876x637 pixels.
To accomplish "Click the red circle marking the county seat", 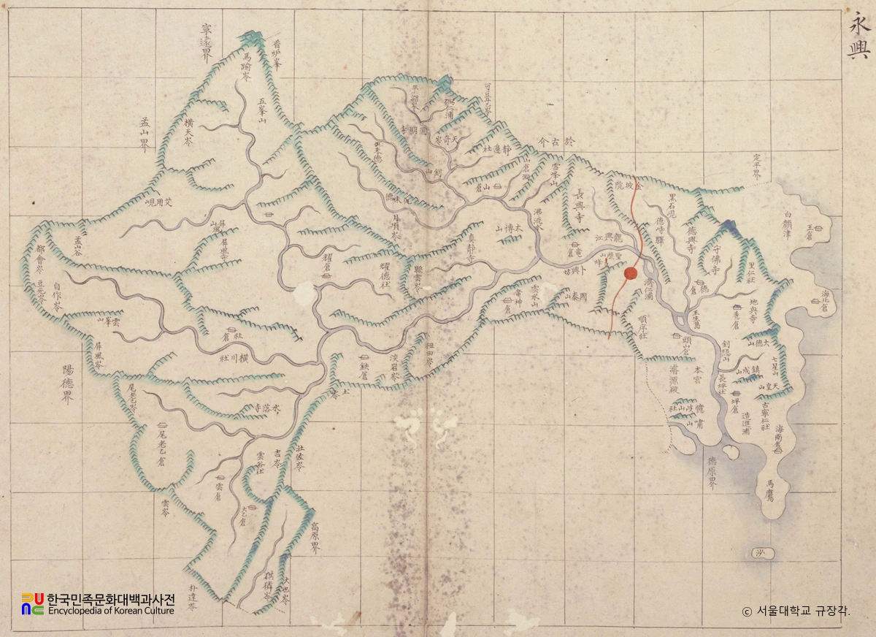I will coord(630,274).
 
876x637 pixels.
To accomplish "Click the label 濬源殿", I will coord(673,380).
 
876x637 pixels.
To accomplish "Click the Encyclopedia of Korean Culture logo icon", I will coord(32,603).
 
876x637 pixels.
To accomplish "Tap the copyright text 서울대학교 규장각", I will coord(796,611).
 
